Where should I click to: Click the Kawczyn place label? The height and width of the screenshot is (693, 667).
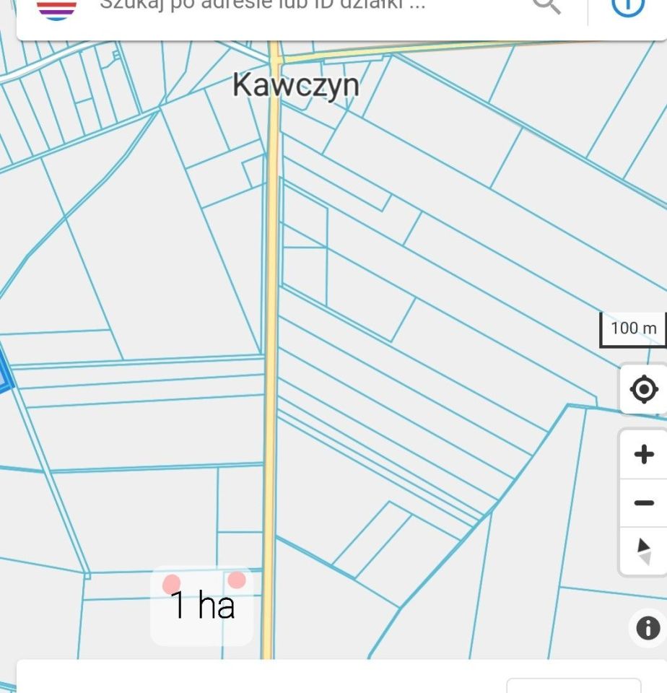[x=295, y=85]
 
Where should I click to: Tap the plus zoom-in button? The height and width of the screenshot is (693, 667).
[x=643, y=454]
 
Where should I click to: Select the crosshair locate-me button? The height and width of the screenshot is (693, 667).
[x=643, y=390]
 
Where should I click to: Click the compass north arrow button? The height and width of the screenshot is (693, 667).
[x=644, y=551]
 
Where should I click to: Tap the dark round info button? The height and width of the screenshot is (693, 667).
[x=648, y=628]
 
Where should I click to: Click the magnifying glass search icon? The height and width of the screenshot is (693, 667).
[x=546, y=6]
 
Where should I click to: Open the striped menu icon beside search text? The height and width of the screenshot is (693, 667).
[x=56, y=9]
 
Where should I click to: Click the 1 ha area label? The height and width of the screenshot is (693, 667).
[x=202, y=605]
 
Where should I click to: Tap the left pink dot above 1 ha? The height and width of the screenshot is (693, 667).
[x=172, y=584]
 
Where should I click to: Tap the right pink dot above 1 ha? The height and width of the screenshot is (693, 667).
[x=236, y=580]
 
